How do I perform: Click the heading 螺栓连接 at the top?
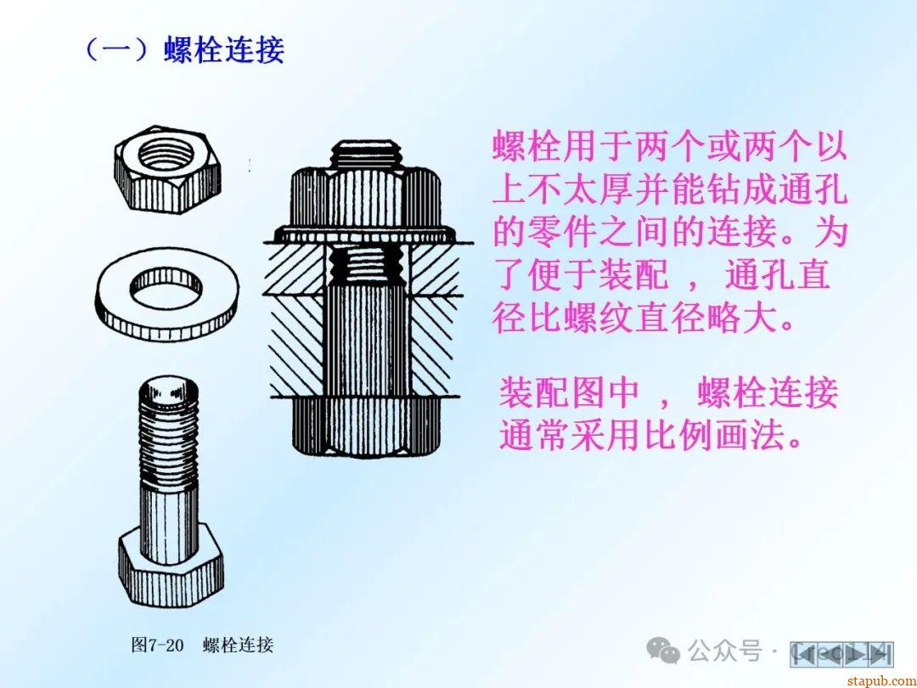[x=224, y=49]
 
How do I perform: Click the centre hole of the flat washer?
[x=166, y=288]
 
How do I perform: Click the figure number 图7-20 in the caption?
[x=157, y=646]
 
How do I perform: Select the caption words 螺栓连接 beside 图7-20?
[x=238, y=646]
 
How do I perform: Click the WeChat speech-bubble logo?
[x=662, y=651]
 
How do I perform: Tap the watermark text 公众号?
[x=725, y=651]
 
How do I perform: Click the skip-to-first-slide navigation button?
[x=803, y=653]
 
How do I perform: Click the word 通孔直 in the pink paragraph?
[x=778, y=275]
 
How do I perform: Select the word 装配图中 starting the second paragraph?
[x=568, y=392]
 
